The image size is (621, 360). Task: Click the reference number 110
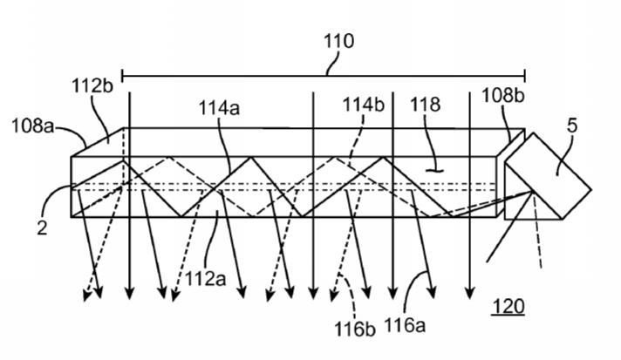tap(338, 41)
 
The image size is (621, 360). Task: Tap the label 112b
tap(92, 85)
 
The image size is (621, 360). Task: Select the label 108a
tap(32, 126)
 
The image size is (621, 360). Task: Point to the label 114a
tap(219, 107)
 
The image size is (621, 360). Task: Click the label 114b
tap(363, 105)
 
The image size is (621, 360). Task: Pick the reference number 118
tap(425, 105)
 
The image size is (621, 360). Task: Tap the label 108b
tap(503, 95)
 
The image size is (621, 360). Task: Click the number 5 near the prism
tap(572, 126)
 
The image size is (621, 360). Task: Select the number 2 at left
tap(42, 228)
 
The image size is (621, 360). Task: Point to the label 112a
tap(205, 279)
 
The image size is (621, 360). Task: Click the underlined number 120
tap(508, 306)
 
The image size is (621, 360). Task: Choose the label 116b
tap(354, 329)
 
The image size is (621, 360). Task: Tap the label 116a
tap(405, 325)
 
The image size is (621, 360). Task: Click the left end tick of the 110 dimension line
tap(122, 75)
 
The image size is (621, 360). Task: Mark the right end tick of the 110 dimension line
tap(525, 75)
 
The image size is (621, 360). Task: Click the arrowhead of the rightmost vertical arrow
tap(470, 293)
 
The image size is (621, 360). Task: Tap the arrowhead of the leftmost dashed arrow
tap(86, 295)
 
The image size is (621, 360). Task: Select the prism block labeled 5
tap(549, 176)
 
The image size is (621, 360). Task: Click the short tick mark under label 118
tap(434, 171)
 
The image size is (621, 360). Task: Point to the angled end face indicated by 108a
tap(97, 142)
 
